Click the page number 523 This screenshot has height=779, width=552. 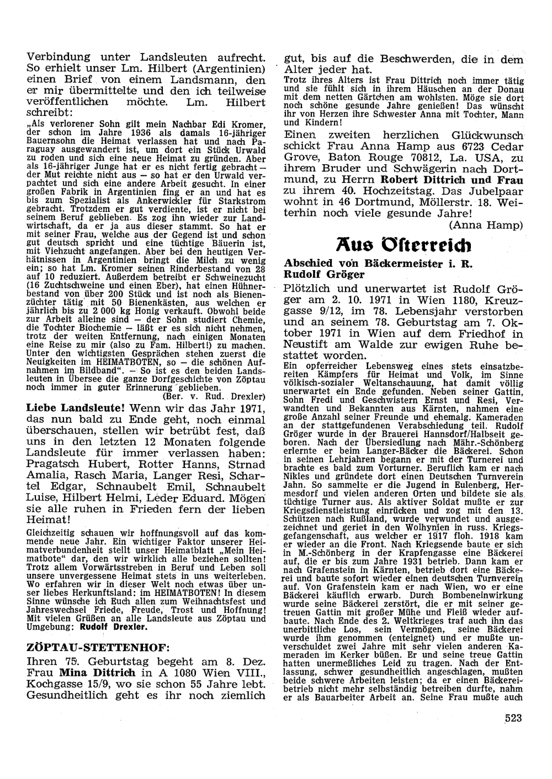[513, 717]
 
